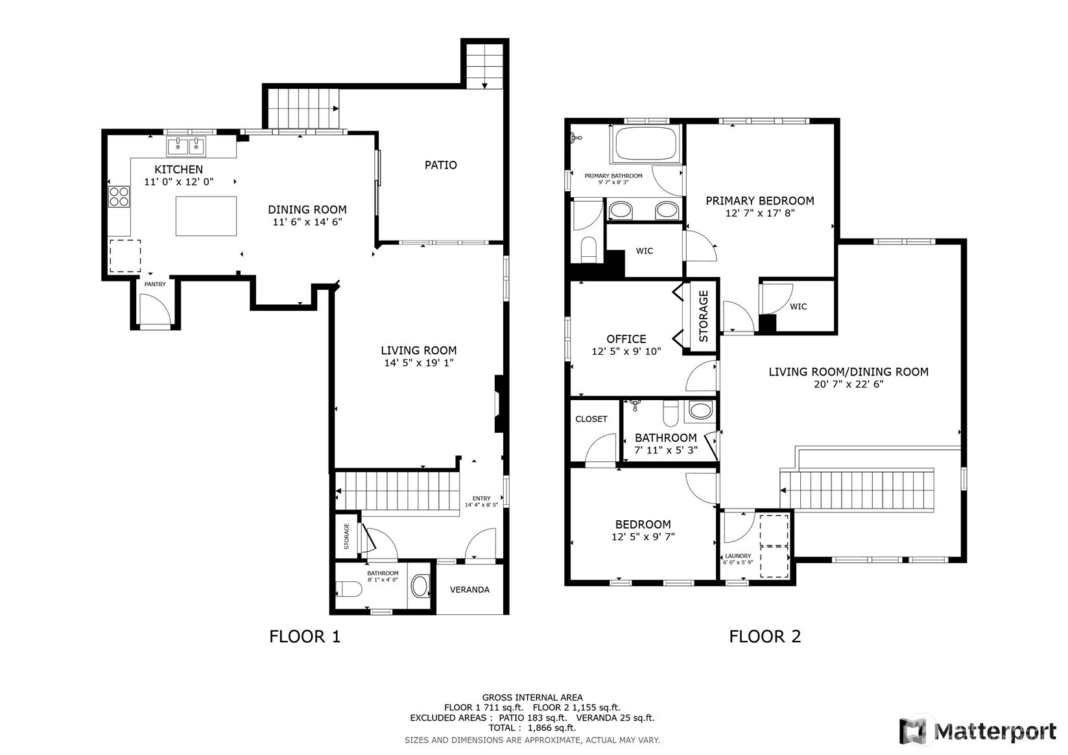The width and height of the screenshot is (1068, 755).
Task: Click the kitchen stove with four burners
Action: coord(119,197)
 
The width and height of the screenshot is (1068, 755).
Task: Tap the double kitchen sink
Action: coord(186,146)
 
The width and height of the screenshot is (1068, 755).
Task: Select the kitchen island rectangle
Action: coord(206,216)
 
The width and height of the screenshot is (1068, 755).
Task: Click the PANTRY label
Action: coord(155,284)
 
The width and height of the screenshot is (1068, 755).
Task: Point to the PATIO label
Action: coord(440,165)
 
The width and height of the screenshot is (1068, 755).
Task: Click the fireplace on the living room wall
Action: coord(499,404)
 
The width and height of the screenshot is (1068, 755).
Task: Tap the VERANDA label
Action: coord(469,590)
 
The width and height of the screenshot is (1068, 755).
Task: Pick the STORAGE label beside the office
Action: coord(704,317)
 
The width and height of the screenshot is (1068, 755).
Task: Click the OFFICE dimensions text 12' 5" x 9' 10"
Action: coord(626,352)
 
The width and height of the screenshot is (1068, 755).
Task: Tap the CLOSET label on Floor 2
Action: coord(591,419)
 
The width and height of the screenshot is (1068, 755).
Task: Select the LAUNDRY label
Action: coord(738,556)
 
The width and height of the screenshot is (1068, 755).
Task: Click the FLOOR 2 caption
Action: coord(765,636)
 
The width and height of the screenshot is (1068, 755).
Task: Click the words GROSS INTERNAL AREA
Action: coord(532,697)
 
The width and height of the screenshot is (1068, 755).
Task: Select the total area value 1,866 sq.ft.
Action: coord(552,728)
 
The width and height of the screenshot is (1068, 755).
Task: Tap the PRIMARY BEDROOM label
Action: coord(760,201)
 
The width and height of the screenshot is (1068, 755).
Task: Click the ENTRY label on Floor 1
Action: coord(481,498)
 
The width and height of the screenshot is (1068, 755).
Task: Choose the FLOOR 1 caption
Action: coord(305,636)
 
